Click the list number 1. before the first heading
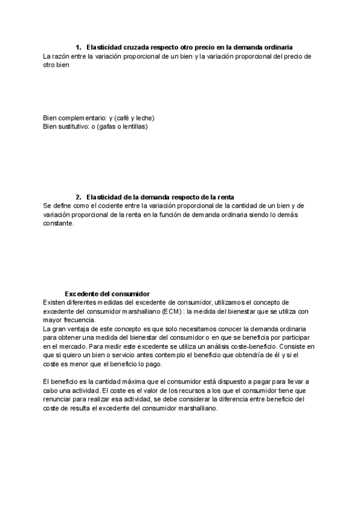click(x=79, y=47)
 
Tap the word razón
click(x=62, y=56)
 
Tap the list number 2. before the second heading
click(x=79, y=197)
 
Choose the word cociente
click(x=115, y=205)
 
